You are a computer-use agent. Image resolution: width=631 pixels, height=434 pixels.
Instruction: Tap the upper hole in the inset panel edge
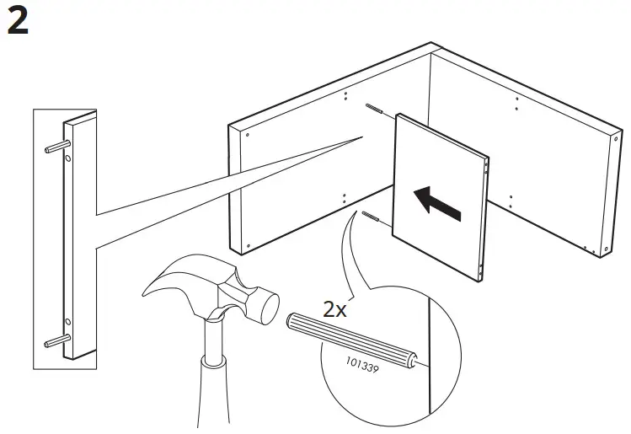pyautogui.click(x=68, y=158)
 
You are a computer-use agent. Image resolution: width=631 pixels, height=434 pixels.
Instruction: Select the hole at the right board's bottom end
pyautogui.click(x=607, y=250)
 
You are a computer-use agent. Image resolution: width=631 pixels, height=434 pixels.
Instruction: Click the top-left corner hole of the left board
pyautogui.click(x=248, y=133)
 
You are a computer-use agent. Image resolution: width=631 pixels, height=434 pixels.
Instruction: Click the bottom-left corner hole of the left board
pyautogui.click(x=248, y=245)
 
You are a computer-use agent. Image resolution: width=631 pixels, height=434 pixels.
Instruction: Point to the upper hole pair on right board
pyautogui.click(x=516, y=104)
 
